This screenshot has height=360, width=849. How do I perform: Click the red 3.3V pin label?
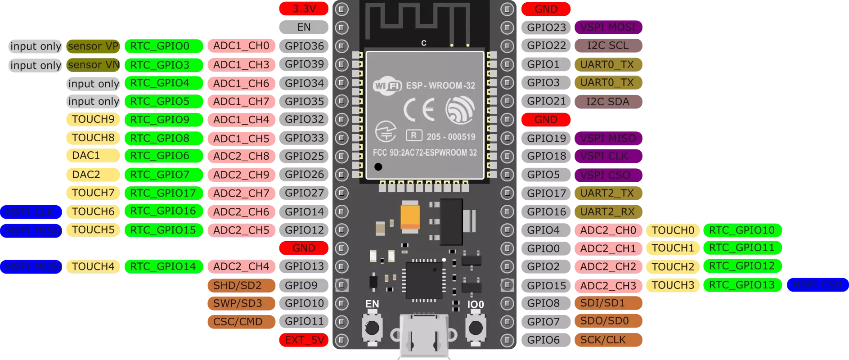coord(304,9)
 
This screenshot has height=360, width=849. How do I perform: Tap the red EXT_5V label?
coord(304,340)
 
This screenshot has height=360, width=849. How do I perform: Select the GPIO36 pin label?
coord(304,46)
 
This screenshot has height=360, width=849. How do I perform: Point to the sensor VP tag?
coord(93,46)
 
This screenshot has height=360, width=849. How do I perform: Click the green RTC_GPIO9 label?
coord(160,120)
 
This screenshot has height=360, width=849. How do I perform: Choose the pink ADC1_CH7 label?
coord(241,102)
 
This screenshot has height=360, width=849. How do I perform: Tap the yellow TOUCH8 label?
coord(93,138)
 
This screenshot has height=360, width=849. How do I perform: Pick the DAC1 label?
coord(86,156)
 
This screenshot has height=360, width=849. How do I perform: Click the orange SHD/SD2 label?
coord(238,285)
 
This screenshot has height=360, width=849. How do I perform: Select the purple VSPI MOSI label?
coord(608,27)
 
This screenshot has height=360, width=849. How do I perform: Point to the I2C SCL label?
coord(608,46)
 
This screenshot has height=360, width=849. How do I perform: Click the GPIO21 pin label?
coord(546,101)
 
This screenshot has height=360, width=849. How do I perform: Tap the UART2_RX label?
coord(607,211)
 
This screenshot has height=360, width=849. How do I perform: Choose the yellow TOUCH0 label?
coord(673,230)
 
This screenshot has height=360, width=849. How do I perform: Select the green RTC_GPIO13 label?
coord(742,285)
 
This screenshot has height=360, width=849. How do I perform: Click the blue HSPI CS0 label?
coord(817,285)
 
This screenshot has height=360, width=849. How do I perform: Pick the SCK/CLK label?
coord(603,340)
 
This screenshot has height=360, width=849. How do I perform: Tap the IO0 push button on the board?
coord(475,328)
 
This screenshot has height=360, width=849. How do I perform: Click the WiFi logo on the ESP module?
coord(387,85)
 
